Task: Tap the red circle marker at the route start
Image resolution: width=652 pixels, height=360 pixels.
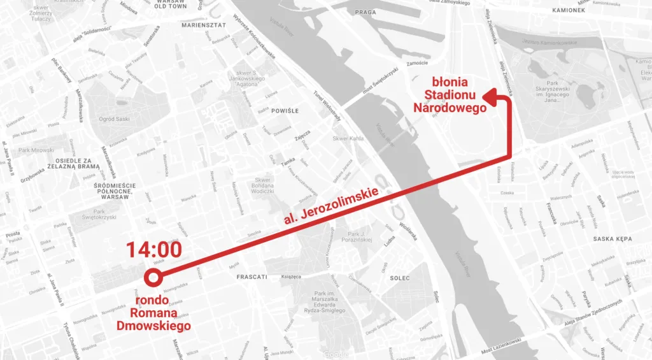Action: click(x=153, y=277)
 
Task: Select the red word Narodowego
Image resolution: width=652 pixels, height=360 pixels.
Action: click(x=450, y=108)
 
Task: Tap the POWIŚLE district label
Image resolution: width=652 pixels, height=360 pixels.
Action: click(x=285, y=111)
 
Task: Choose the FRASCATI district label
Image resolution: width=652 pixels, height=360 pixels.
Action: click(x=252, y=277)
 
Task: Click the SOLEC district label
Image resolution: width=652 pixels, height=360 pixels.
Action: click(x=399, y=278)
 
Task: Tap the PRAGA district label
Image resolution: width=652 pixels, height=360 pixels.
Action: click(x=365, y=12)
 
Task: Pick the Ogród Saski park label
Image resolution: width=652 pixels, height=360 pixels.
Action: click(x=114, y=119)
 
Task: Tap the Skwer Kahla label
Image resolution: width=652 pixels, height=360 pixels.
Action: click(x=348, y=139)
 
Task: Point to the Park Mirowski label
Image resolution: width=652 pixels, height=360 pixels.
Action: click(x=37, y=150)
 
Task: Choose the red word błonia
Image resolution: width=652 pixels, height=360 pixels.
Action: click(x=450, y=82)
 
